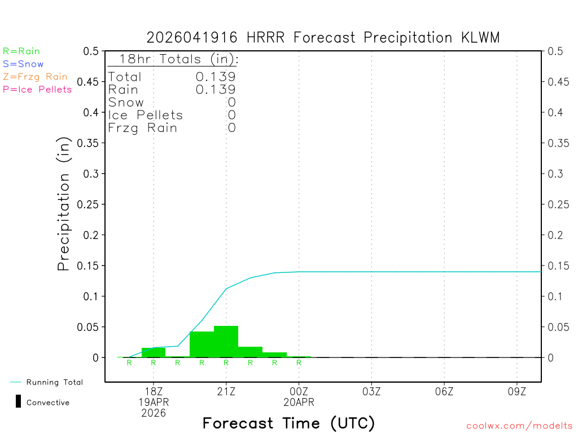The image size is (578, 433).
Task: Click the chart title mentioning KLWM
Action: pyautogui.click(x=323, y=37)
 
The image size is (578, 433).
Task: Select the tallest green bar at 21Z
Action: pyautogui.click(x=226, y=342)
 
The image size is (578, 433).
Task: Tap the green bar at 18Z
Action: pyautogui.click(x=154, y=352)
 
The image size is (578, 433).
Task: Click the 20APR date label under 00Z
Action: pyautogui.click(x=299, y=403)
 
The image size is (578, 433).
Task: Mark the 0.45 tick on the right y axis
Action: pyautogui.click(x=559, y=82)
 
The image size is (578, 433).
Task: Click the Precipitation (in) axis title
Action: pyautogui.click(x=64, y=204)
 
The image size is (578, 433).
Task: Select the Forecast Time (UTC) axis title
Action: pyautogui.click(x=288, y=423)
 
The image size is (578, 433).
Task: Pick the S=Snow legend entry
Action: pyautogui.click(x=23, y=64)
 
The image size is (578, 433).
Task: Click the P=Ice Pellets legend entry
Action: pyautogui.click(x=37, y=89)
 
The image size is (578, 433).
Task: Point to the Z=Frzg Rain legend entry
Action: pyautogui.click(x=35, y=77)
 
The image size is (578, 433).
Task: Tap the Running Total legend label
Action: pyautogui.click(x=54, y=382)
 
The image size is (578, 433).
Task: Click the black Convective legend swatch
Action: pyautogui.click(x=18, y=401)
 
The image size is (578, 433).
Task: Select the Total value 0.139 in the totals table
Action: pyautogui.click(x=216, y=77)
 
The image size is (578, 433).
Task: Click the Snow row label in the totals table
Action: pyautogui.click(x=126, y=103)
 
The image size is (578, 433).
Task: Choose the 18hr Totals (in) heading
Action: pyautogui.click(x=178, y=59)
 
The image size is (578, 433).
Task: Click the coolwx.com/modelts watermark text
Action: pyautogui.click(x=519, y=426)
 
